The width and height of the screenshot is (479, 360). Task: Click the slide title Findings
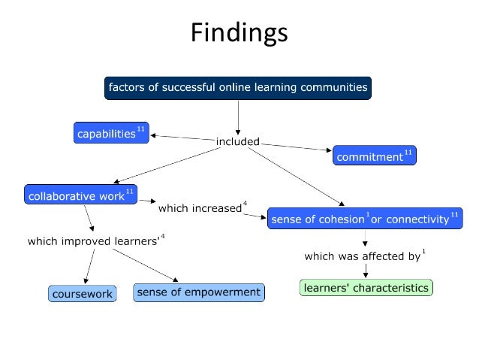click(x=239, y=34)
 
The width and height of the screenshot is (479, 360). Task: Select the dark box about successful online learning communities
click(x=238, y=88)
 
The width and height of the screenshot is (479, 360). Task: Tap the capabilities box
click(x=110, y=134)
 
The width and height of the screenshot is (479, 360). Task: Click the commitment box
click(x=374, y=156)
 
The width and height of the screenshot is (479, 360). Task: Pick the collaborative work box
click(x=80, y=195)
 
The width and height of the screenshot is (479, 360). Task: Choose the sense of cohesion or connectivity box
click(x=364, y=218)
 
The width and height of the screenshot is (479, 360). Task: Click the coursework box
click(x=83, y=294)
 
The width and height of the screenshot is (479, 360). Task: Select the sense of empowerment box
click(x=199, y=292)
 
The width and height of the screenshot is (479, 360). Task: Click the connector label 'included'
click(x=238, y=141)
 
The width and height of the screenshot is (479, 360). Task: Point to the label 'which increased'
click(x=199, y=208)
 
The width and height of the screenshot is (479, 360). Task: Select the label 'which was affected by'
click(x=362, y=256)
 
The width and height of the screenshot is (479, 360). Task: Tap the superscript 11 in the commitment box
click(x=408, y=153)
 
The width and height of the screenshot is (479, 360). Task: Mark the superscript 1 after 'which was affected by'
click(x=424, y=252)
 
